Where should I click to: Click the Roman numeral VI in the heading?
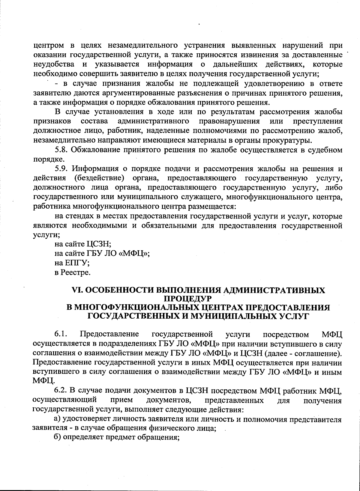[75, 290]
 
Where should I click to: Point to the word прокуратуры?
[289, 140]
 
